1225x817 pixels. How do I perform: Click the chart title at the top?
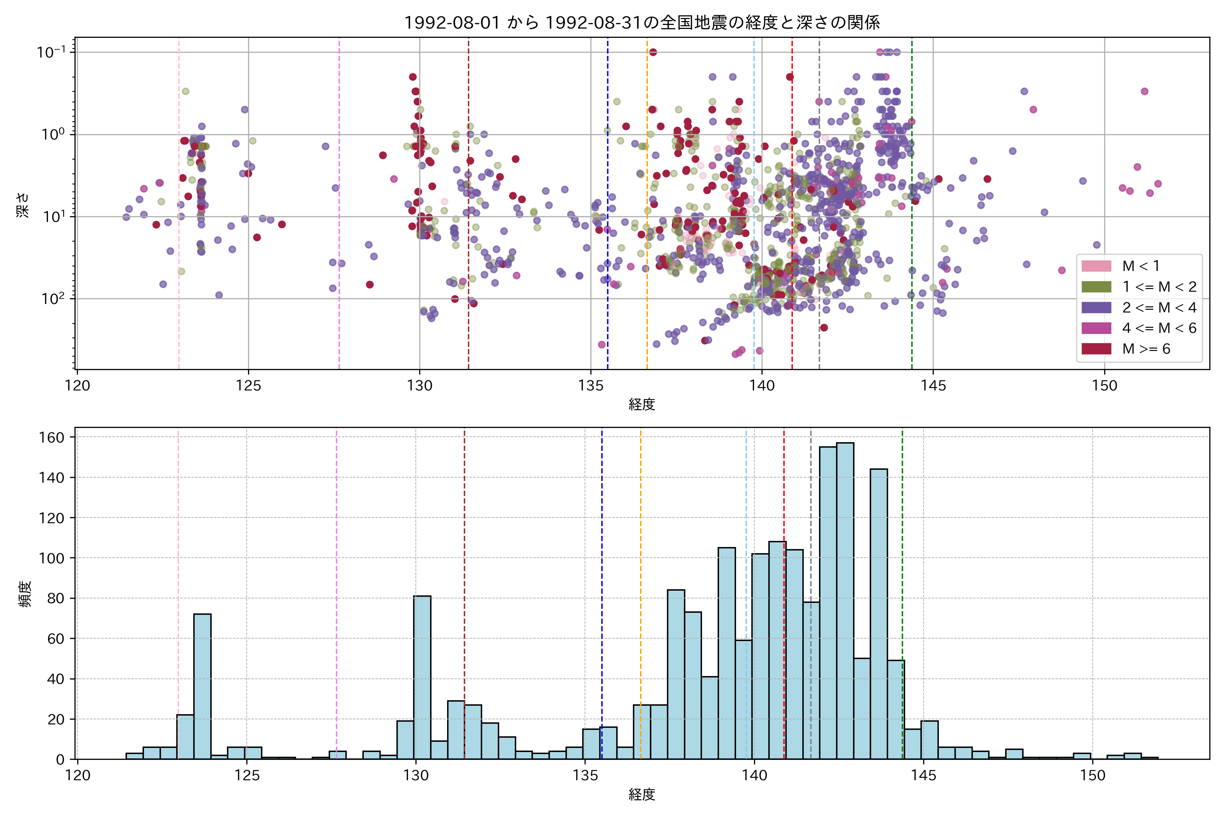tap(642, 22)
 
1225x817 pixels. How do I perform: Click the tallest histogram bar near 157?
tap(845, 599)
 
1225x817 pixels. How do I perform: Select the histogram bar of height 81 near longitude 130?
tap(422, 677)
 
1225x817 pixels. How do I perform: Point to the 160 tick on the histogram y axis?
tap(52, 438)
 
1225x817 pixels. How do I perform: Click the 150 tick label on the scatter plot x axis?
tap(1104, 386)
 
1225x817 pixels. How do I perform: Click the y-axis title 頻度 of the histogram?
tap(25, 594)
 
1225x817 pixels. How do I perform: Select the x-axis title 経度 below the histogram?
tap(642, 795)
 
